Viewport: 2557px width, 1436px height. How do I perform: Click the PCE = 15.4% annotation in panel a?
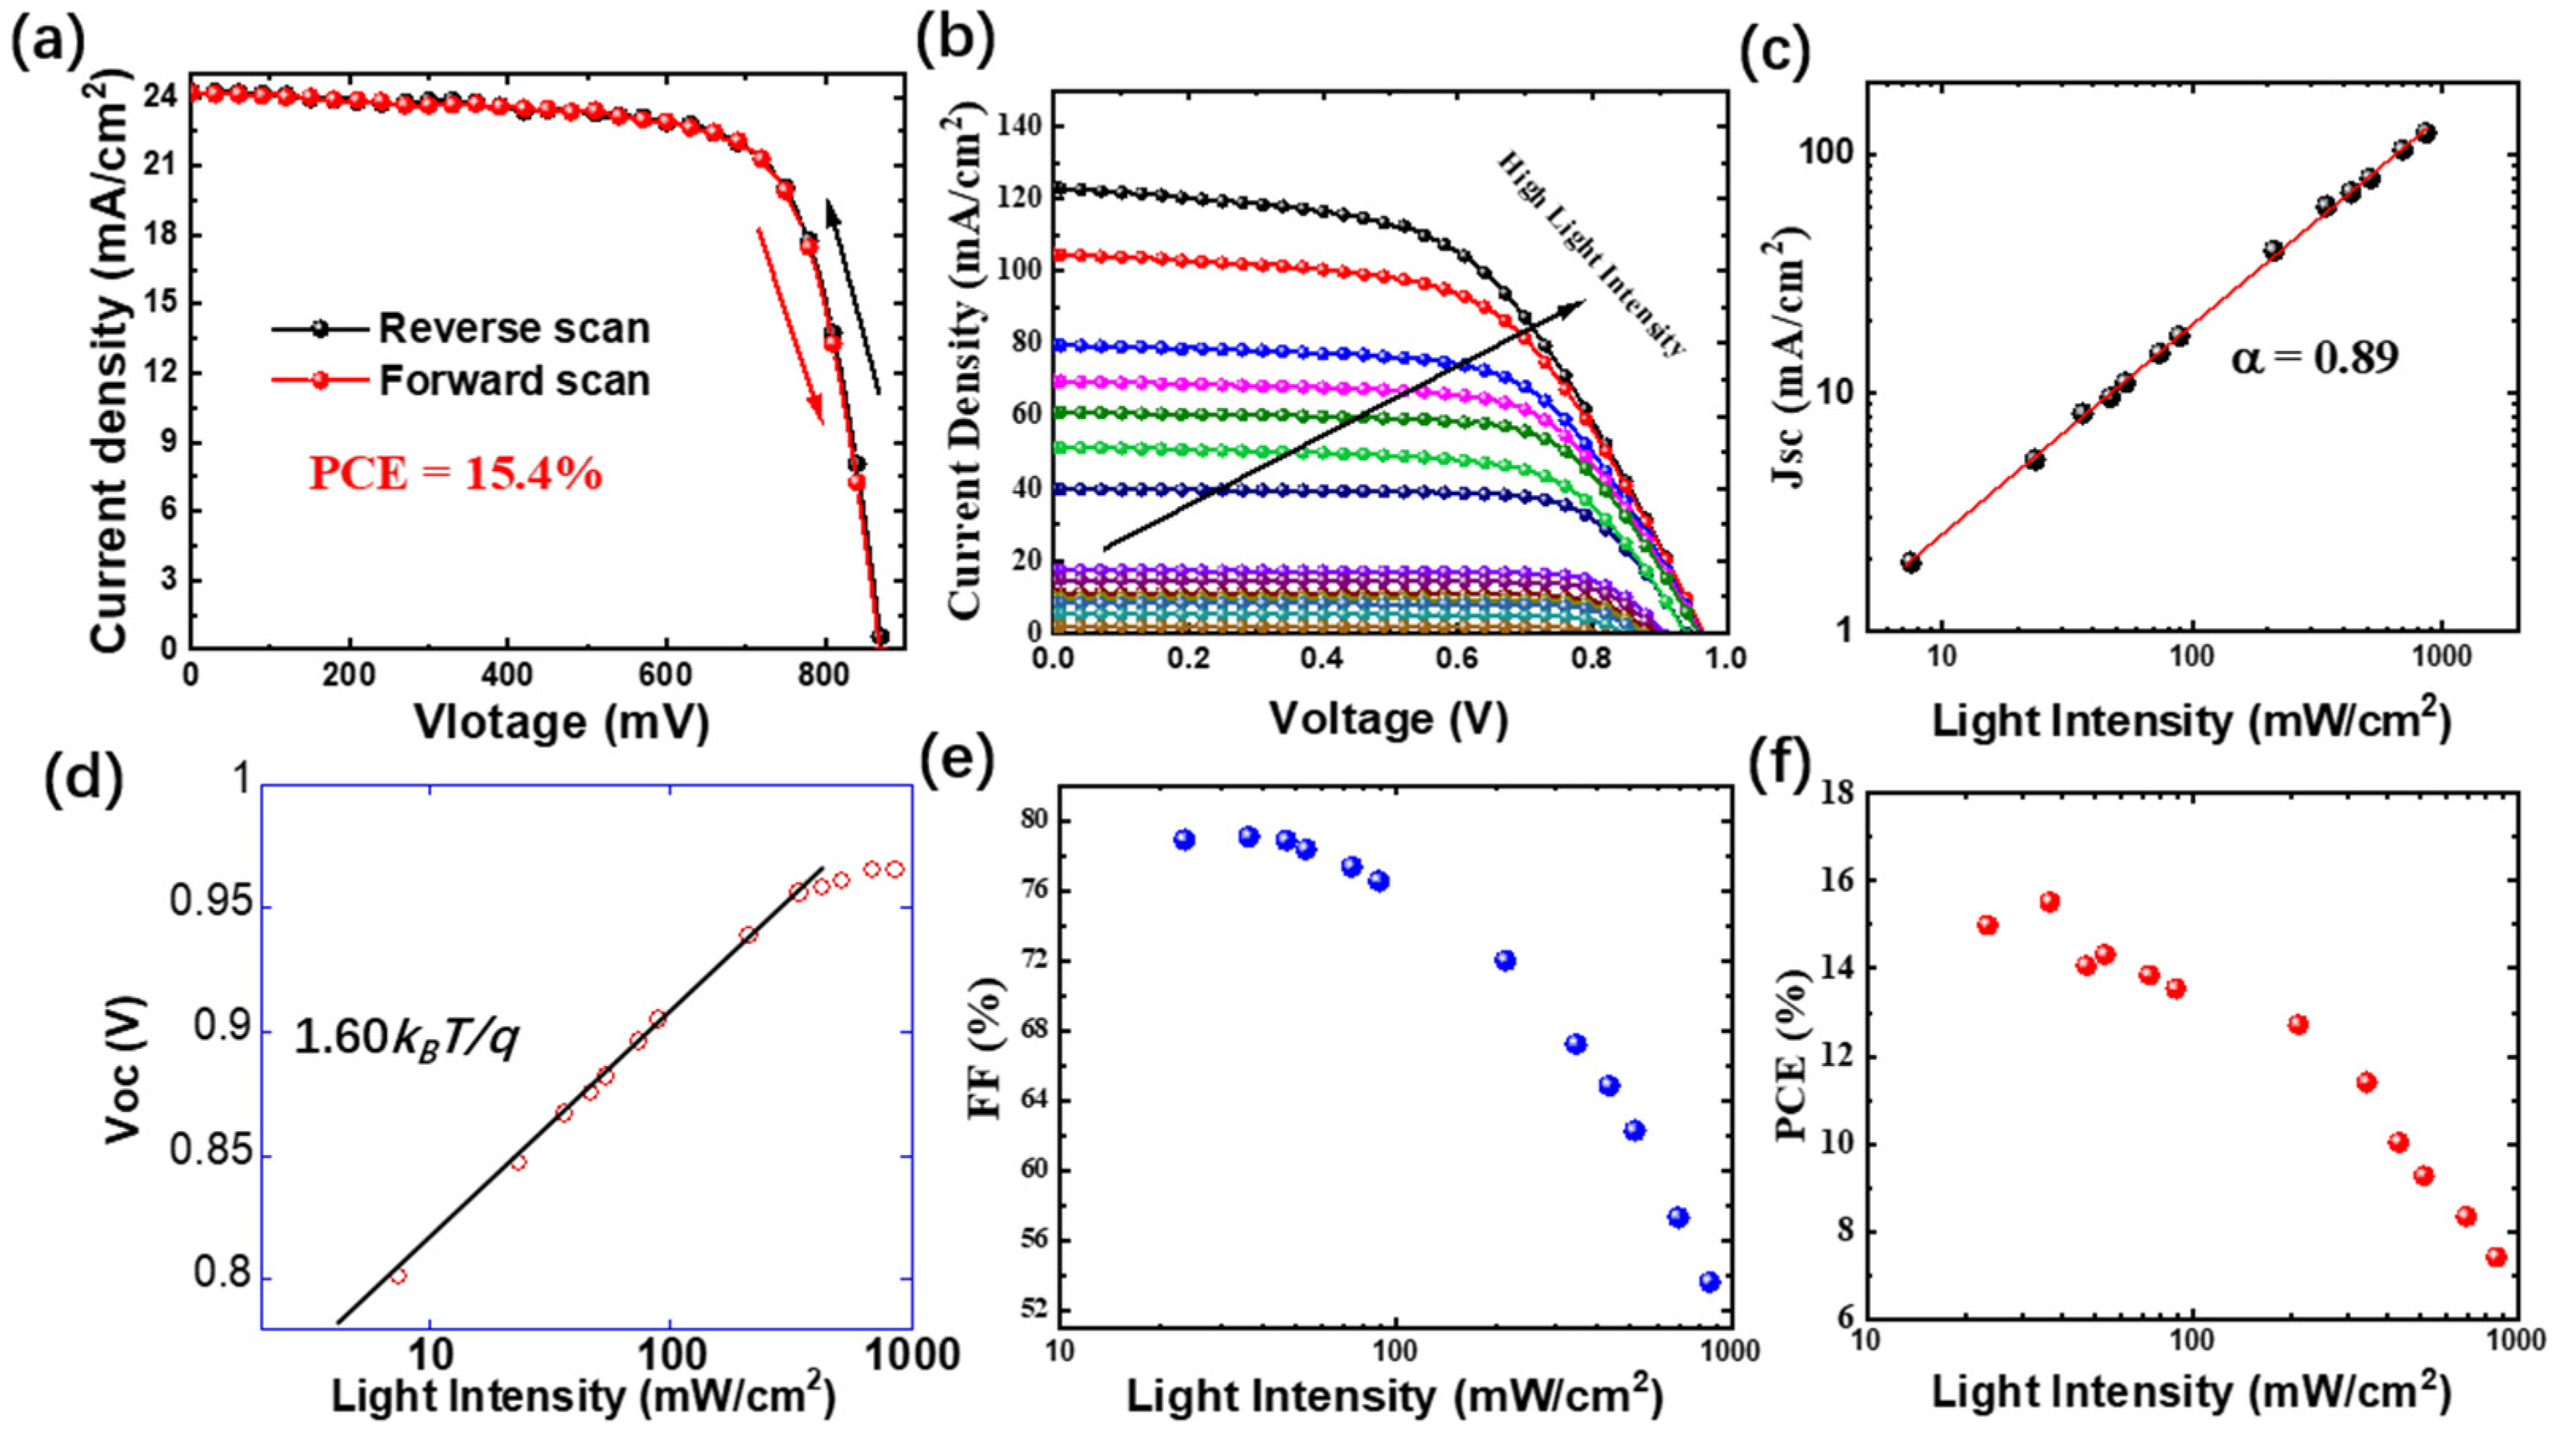tap(456, 474)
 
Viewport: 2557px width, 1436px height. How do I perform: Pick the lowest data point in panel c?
tap(1910, 562)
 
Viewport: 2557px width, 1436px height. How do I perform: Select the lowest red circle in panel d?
tap(398, 1276)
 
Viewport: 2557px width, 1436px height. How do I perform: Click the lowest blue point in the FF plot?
tap(1709, 1282)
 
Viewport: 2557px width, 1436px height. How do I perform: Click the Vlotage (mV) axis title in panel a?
tap(562, 722)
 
